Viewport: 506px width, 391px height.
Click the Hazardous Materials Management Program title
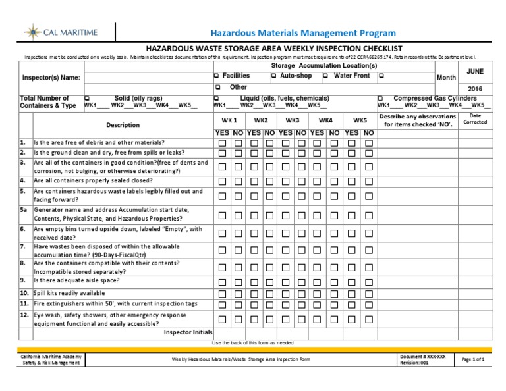pyautogui.click(x=303, y=32)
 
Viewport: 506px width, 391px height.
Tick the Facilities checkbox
pyautogui.click(x=217, y=76)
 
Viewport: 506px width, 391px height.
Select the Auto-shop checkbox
pyautogui.click(x=274, y=76)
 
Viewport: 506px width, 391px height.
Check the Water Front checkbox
pyautogui.click(x=326, y=76)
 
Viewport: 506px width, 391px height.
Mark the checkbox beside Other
pyautogui.click(x=217, y=87)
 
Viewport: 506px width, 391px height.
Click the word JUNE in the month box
pyautogui.click(x=474, y=70)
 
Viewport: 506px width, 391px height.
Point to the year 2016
pyautogui.click(x=474, y=88)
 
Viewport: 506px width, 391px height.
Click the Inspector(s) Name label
pyautogui.click(x=51, y=78)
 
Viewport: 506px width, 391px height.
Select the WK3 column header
pyautogui.click(x=293, y=120)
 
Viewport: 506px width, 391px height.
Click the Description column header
pyautogui.click(x=123, y=125)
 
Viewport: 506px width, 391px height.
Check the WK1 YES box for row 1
pyautogui.click(x=223, y=143)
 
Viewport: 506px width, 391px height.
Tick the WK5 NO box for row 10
pyautogui.click(x=369, y=294)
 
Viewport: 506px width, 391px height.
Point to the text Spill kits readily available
pyautogui.click(x=69, y=293)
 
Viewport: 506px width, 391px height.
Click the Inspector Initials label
pyautogui.click(x=188, y=332)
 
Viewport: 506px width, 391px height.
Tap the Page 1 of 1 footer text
pyautogui.click(x=473, y=359)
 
